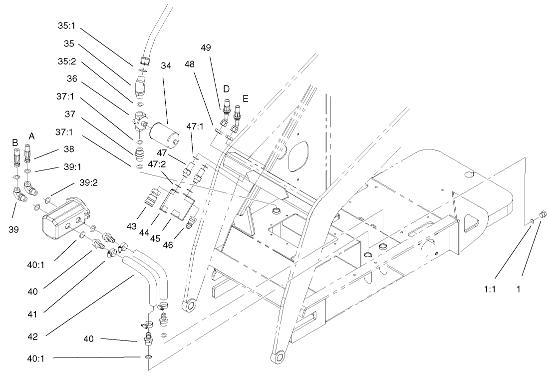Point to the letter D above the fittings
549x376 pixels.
pos(226,89)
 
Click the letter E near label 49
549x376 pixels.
pos(245,99)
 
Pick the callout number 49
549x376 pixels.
pos(220,48)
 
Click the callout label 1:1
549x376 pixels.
pos(489,288)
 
